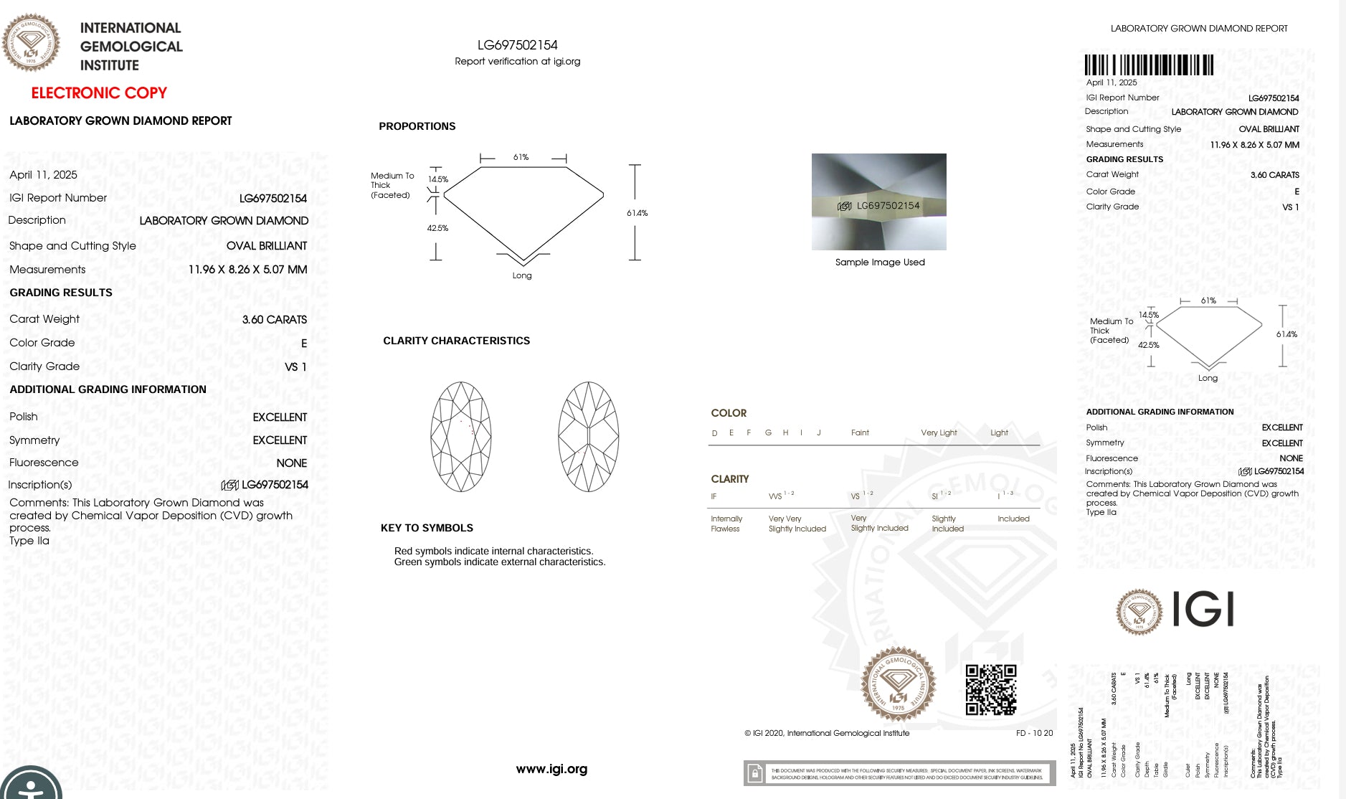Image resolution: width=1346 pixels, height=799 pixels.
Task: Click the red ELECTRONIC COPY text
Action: click(x=99, y=93)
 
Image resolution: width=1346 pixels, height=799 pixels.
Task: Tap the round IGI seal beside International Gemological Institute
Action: click(x=31, y=43)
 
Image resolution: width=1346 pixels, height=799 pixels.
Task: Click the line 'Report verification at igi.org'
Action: click(x=517, y=62)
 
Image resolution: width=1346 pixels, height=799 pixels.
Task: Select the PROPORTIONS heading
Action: click(x=417, y=126)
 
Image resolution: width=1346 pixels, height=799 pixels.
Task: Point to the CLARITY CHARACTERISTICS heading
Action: click(x=456, y=341)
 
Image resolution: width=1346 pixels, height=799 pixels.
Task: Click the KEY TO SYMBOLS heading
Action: click(x=427, y=528)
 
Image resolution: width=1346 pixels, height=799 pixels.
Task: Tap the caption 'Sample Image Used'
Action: click(x=880, y=263)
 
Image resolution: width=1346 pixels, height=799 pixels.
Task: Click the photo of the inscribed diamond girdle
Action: click(x=878, y=202)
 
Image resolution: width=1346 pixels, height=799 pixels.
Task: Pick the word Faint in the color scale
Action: click(x=860, y=432)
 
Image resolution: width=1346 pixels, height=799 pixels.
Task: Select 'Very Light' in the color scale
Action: click(x=939, y=432)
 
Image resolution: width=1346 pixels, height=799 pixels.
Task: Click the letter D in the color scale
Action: click(x=714, y=433)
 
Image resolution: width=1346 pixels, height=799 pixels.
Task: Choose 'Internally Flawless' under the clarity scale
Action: click(x=726, y=524)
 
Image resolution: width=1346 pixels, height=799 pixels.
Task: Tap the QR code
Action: click(x=990, y=690)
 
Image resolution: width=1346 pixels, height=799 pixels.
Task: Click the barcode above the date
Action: click(x=1149, y=65)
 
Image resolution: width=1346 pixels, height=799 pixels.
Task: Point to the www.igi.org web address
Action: click(x=551, y=769)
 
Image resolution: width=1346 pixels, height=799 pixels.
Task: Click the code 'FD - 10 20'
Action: click(x=1034, y=733)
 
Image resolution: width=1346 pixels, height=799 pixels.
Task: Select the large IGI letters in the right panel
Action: click(x=1203, y=610)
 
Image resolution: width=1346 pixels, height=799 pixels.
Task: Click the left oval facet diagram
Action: click(x=461, y=437)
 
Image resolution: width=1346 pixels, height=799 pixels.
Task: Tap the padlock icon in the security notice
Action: click(x=754, y=773)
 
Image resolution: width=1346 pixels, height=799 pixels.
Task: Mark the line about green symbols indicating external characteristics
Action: click(x=500, y=562)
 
